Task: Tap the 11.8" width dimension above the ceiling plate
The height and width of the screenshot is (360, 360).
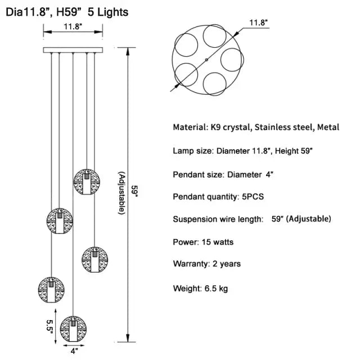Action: [73, 26]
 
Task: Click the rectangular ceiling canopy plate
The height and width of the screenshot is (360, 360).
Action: [73, 50]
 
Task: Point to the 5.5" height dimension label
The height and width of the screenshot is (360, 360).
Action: [49, 324]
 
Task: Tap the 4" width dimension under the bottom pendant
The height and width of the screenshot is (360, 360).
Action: [74, 352]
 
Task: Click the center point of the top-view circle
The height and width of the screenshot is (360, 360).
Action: [206, 60]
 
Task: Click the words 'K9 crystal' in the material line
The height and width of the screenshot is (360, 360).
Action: [229, 127]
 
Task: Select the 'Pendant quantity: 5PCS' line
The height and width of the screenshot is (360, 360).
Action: [218, 196]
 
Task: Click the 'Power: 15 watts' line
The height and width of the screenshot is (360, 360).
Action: [203, 242]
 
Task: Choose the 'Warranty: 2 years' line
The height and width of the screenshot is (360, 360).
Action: [206, 263]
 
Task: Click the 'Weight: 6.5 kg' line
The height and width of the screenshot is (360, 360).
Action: [200, 289]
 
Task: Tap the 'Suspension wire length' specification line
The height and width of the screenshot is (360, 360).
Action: [251, 219]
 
